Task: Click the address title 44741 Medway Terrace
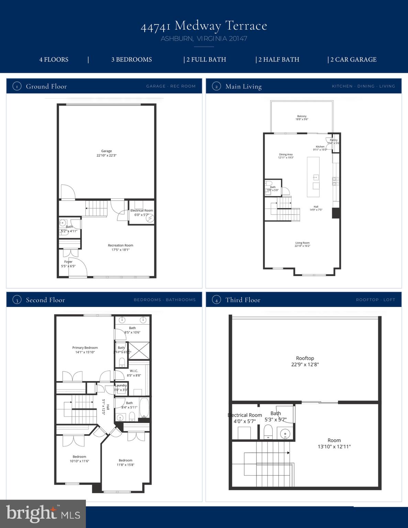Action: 204,26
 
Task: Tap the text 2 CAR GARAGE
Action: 353,59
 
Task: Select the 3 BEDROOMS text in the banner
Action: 131,59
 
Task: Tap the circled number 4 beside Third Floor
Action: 216,300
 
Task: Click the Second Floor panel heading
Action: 45,300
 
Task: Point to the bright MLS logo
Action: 43,514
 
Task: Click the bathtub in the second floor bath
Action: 144,408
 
